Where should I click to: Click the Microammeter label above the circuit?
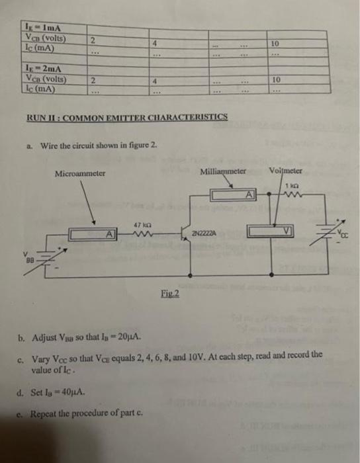80,173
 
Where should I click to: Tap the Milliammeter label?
223,171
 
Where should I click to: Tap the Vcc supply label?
341,233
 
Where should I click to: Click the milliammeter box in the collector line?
234,194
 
